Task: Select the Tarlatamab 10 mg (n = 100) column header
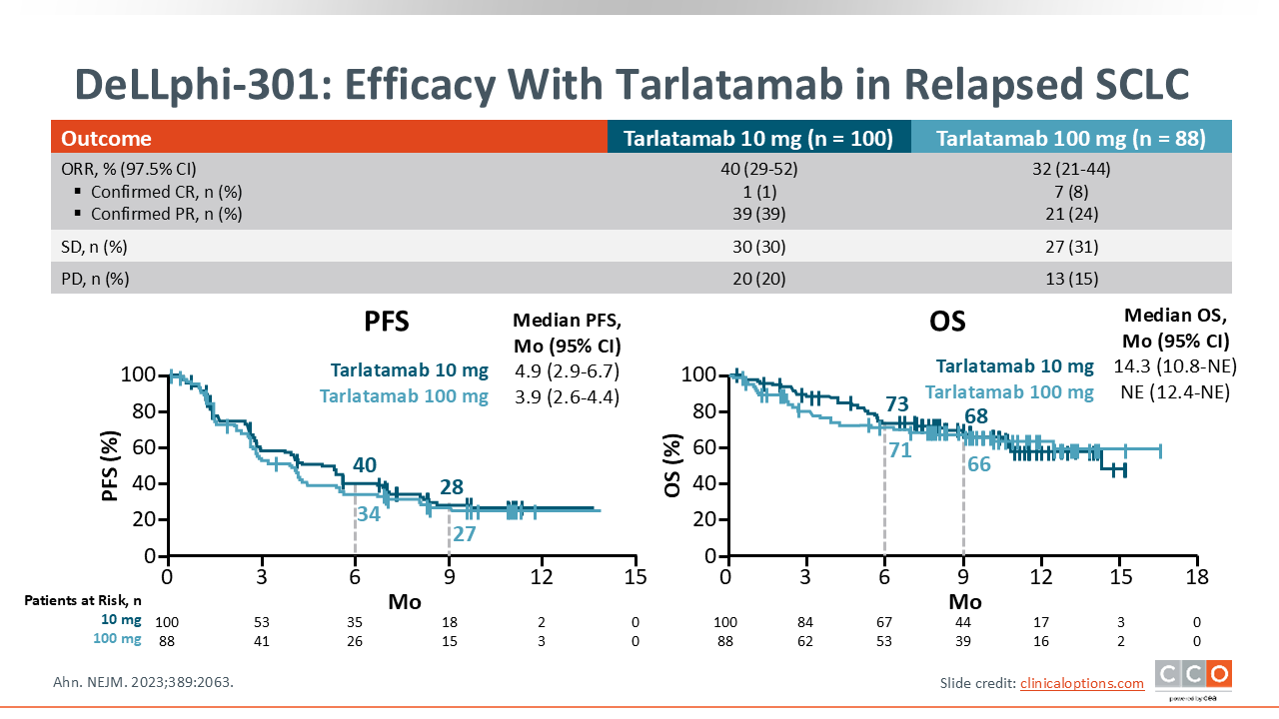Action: point(758,139)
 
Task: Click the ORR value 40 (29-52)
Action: point(758,169)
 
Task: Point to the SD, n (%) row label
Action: point(95,246)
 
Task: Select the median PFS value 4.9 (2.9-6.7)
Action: point(568,371)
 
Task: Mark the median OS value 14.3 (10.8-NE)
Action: point(1171,366)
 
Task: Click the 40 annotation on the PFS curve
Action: point(365,465)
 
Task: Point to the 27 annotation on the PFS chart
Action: point(464,534)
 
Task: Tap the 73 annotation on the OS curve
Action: point(896,404)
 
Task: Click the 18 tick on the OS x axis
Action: point(1197,577)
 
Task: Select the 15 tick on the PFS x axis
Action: point(636,577)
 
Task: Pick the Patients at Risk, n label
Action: point(83,600)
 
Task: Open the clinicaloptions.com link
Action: point(1082,683)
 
